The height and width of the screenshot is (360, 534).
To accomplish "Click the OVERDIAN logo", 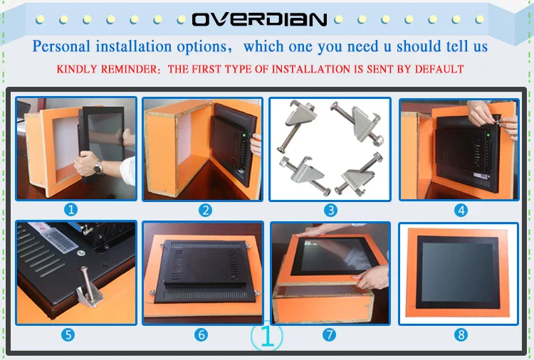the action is [x=259, y=19].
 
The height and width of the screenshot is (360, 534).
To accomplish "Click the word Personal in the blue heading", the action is [x=62, y=46].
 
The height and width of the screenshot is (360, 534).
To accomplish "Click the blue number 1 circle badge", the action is [x=70, y=210].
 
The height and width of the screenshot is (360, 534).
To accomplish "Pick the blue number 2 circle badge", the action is [x=205, y=211].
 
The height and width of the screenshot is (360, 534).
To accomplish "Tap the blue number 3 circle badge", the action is [x=330, y=211].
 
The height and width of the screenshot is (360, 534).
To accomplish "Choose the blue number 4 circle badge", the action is [x=461, y=211].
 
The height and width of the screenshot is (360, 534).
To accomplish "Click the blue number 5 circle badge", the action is [x=68, y=335].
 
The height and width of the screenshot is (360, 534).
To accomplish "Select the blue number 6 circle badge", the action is [x=201, y=335].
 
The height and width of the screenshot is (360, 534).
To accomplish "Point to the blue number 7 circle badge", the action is [x=330, y=335].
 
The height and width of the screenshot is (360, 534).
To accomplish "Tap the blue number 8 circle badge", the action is [x=461, y=335].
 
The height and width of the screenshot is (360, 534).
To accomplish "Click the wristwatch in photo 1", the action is [x=98, y=168].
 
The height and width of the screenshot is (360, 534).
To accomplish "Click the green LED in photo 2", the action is [x=244, y=137].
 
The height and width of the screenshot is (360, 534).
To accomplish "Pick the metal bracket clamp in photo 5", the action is [x=88, y=288].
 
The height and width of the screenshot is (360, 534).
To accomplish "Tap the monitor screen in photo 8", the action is [x=456, y=272].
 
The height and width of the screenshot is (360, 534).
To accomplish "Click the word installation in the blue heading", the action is [x=133, y=46].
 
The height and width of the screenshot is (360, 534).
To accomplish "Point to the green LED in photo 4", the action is [x=488, y=135].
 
